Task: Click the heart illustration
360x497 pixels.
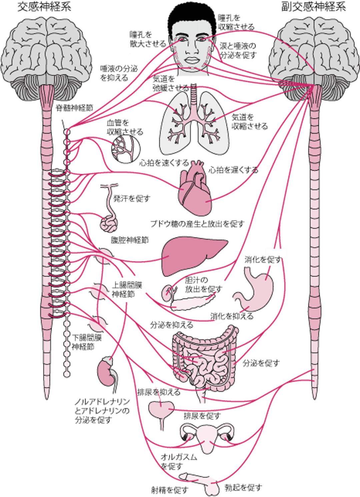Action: point(195,193)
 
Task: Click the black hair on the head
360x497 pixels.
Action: point(191,15)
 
